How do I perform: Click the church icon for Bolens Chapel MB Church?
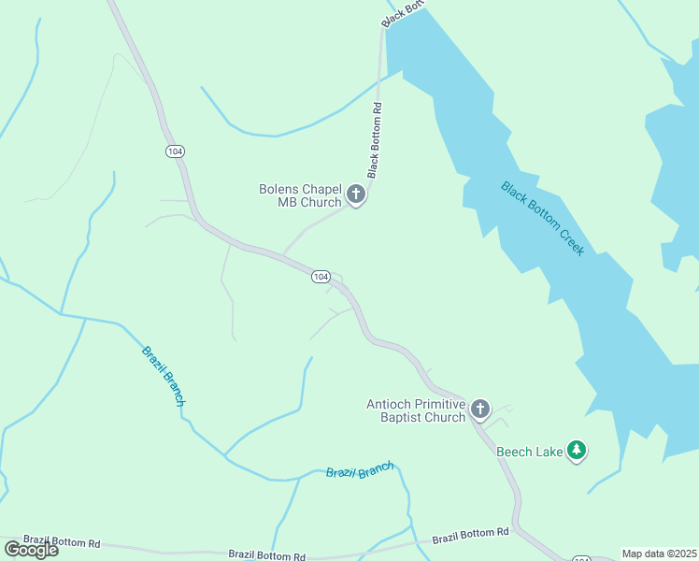pos(355,194)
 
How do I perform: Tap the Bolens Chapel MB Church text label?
pos(300,195)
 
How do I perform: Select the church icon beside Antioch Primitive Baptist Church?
pos(480,409)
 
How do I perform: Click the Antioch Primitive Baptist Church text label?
pos(415,410)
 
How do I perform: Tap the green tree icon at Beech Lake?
pos(578,452)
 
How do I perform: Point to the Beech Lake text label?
pos(529,453)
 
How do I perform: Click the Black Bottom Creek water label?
pos(542,219)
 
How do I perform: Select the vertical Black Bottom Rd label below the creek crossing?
pos(375,140)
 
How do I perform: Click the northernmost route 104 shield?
pos(174,151)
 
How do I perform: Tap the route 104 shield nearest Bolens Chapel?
pos(321,277)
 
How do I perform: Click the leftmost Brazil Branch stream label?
pos(163,376)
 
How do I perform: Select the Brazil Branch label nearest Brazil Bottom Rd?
pos(360,470)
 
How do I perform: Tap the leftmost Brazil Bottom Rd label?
pos(62,541)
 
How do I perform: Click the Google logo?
pos(31,549)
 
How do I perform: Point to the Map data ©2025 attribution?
pos(659,554)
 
